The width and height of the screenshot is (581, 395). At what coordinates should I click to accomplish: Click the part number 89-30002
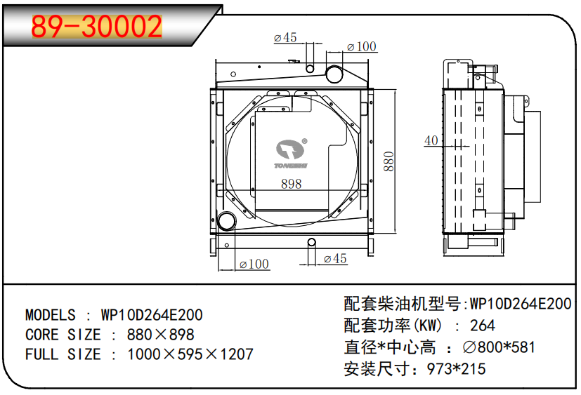coord(97,27)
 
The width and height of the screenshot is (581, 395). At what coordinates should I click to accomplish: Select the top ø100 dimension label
coord(362,47)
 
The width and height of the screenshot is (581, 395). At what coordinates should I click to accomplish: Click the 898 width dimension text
coord(291,184)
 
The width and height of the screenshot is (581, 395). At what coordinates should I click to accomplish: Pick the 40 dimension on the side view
coord(431,141)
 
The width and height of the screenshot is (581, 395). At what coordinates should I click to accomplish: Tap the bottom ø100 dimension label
coord(254,265)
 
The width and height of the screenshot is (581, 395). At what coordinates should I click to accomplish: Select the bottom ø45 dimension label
coord(335,259)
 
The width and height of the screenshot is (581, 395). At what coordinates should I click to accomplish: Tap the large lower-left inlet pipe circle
coord(228,222)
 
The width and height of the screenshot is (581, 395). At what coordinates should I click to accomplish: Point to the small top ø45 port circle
coord(309,69)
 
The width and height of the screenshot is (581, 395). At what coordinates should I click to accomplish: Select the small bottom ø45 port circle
coord(311,243)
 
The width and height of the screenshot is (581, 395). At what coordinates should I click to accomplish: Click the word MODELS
coord(50,314)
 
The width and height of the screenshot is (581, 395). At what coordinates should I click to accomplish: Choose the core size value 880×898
coord(160,334)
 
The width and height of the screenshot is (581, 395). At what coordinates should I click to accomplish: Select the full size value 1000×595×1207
coord(190,354)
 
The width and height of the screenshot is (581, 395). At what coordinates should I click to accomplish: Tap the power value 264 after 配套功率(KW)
coord(483,325)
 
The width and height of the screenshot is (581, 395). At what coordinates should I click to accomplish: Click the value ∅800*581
coord(500,347)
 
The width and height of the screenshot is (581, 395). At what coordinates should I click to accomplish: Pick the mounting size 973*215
coord(457,368)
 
